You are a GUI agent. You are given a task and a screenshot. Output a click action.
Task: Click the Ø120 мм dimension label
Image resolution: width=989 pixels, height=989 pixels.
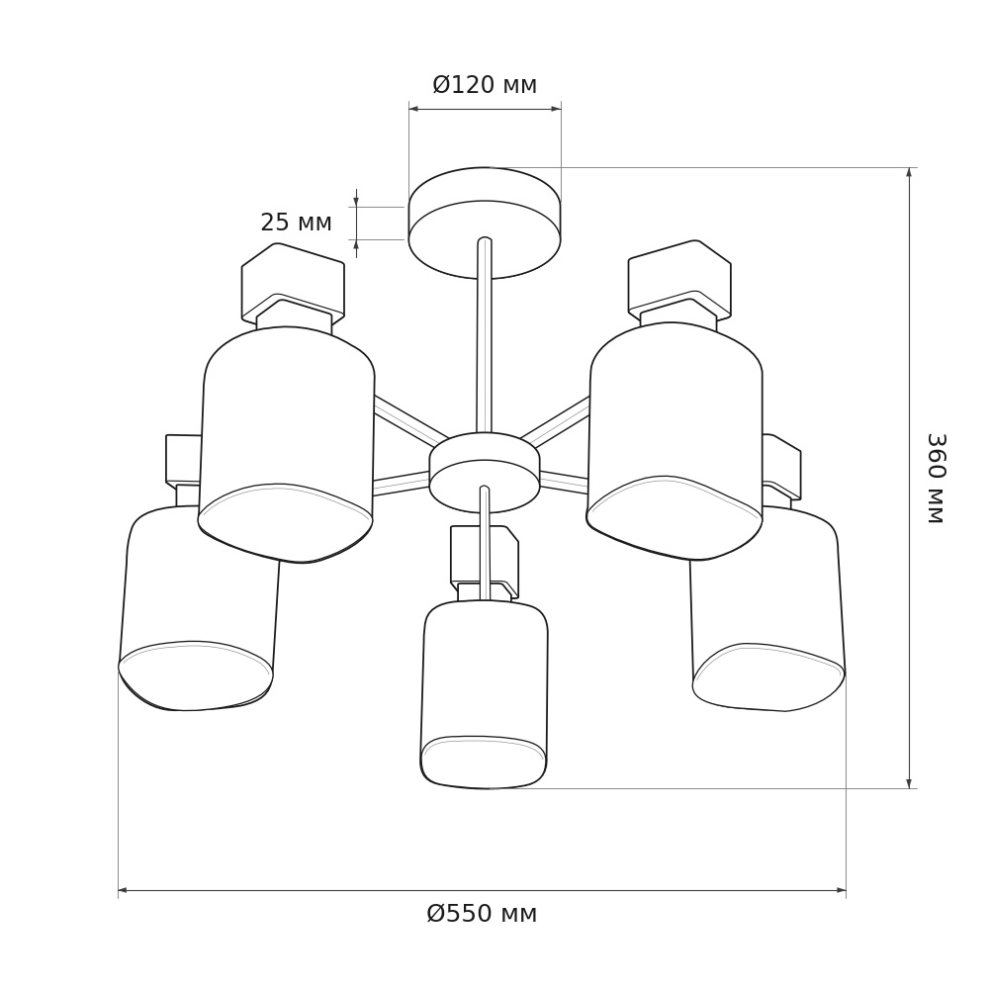coord(485,84)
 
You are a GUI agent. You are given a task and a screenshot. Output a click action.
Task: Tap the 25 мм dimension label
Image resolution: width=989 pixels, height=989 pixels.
coord(296,222)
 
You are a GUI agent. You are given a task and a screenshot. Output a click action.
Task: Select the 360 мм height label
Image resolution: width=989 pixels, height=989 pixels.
coord(936,478)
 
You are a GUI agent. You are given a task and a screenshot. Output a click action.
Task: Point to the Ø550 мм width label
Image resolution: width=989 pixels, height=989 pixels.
coord(482,913)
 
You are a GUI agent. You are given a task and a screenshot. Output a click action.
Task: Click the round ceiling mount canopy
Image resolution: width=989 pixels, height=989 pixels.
coord(485,223)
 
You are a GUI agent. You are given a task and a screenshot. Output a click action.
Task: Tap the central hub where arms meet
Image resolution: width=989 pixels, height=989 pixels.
coord(485,472)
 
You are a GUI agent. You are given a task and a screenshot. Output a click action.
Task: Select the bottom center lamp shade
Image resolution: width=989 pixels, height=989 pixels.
coord(484,694)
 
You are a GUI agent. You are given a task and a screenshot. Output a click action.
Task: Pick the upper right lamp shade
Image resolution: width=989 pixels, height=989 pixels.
coord(674,440)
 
